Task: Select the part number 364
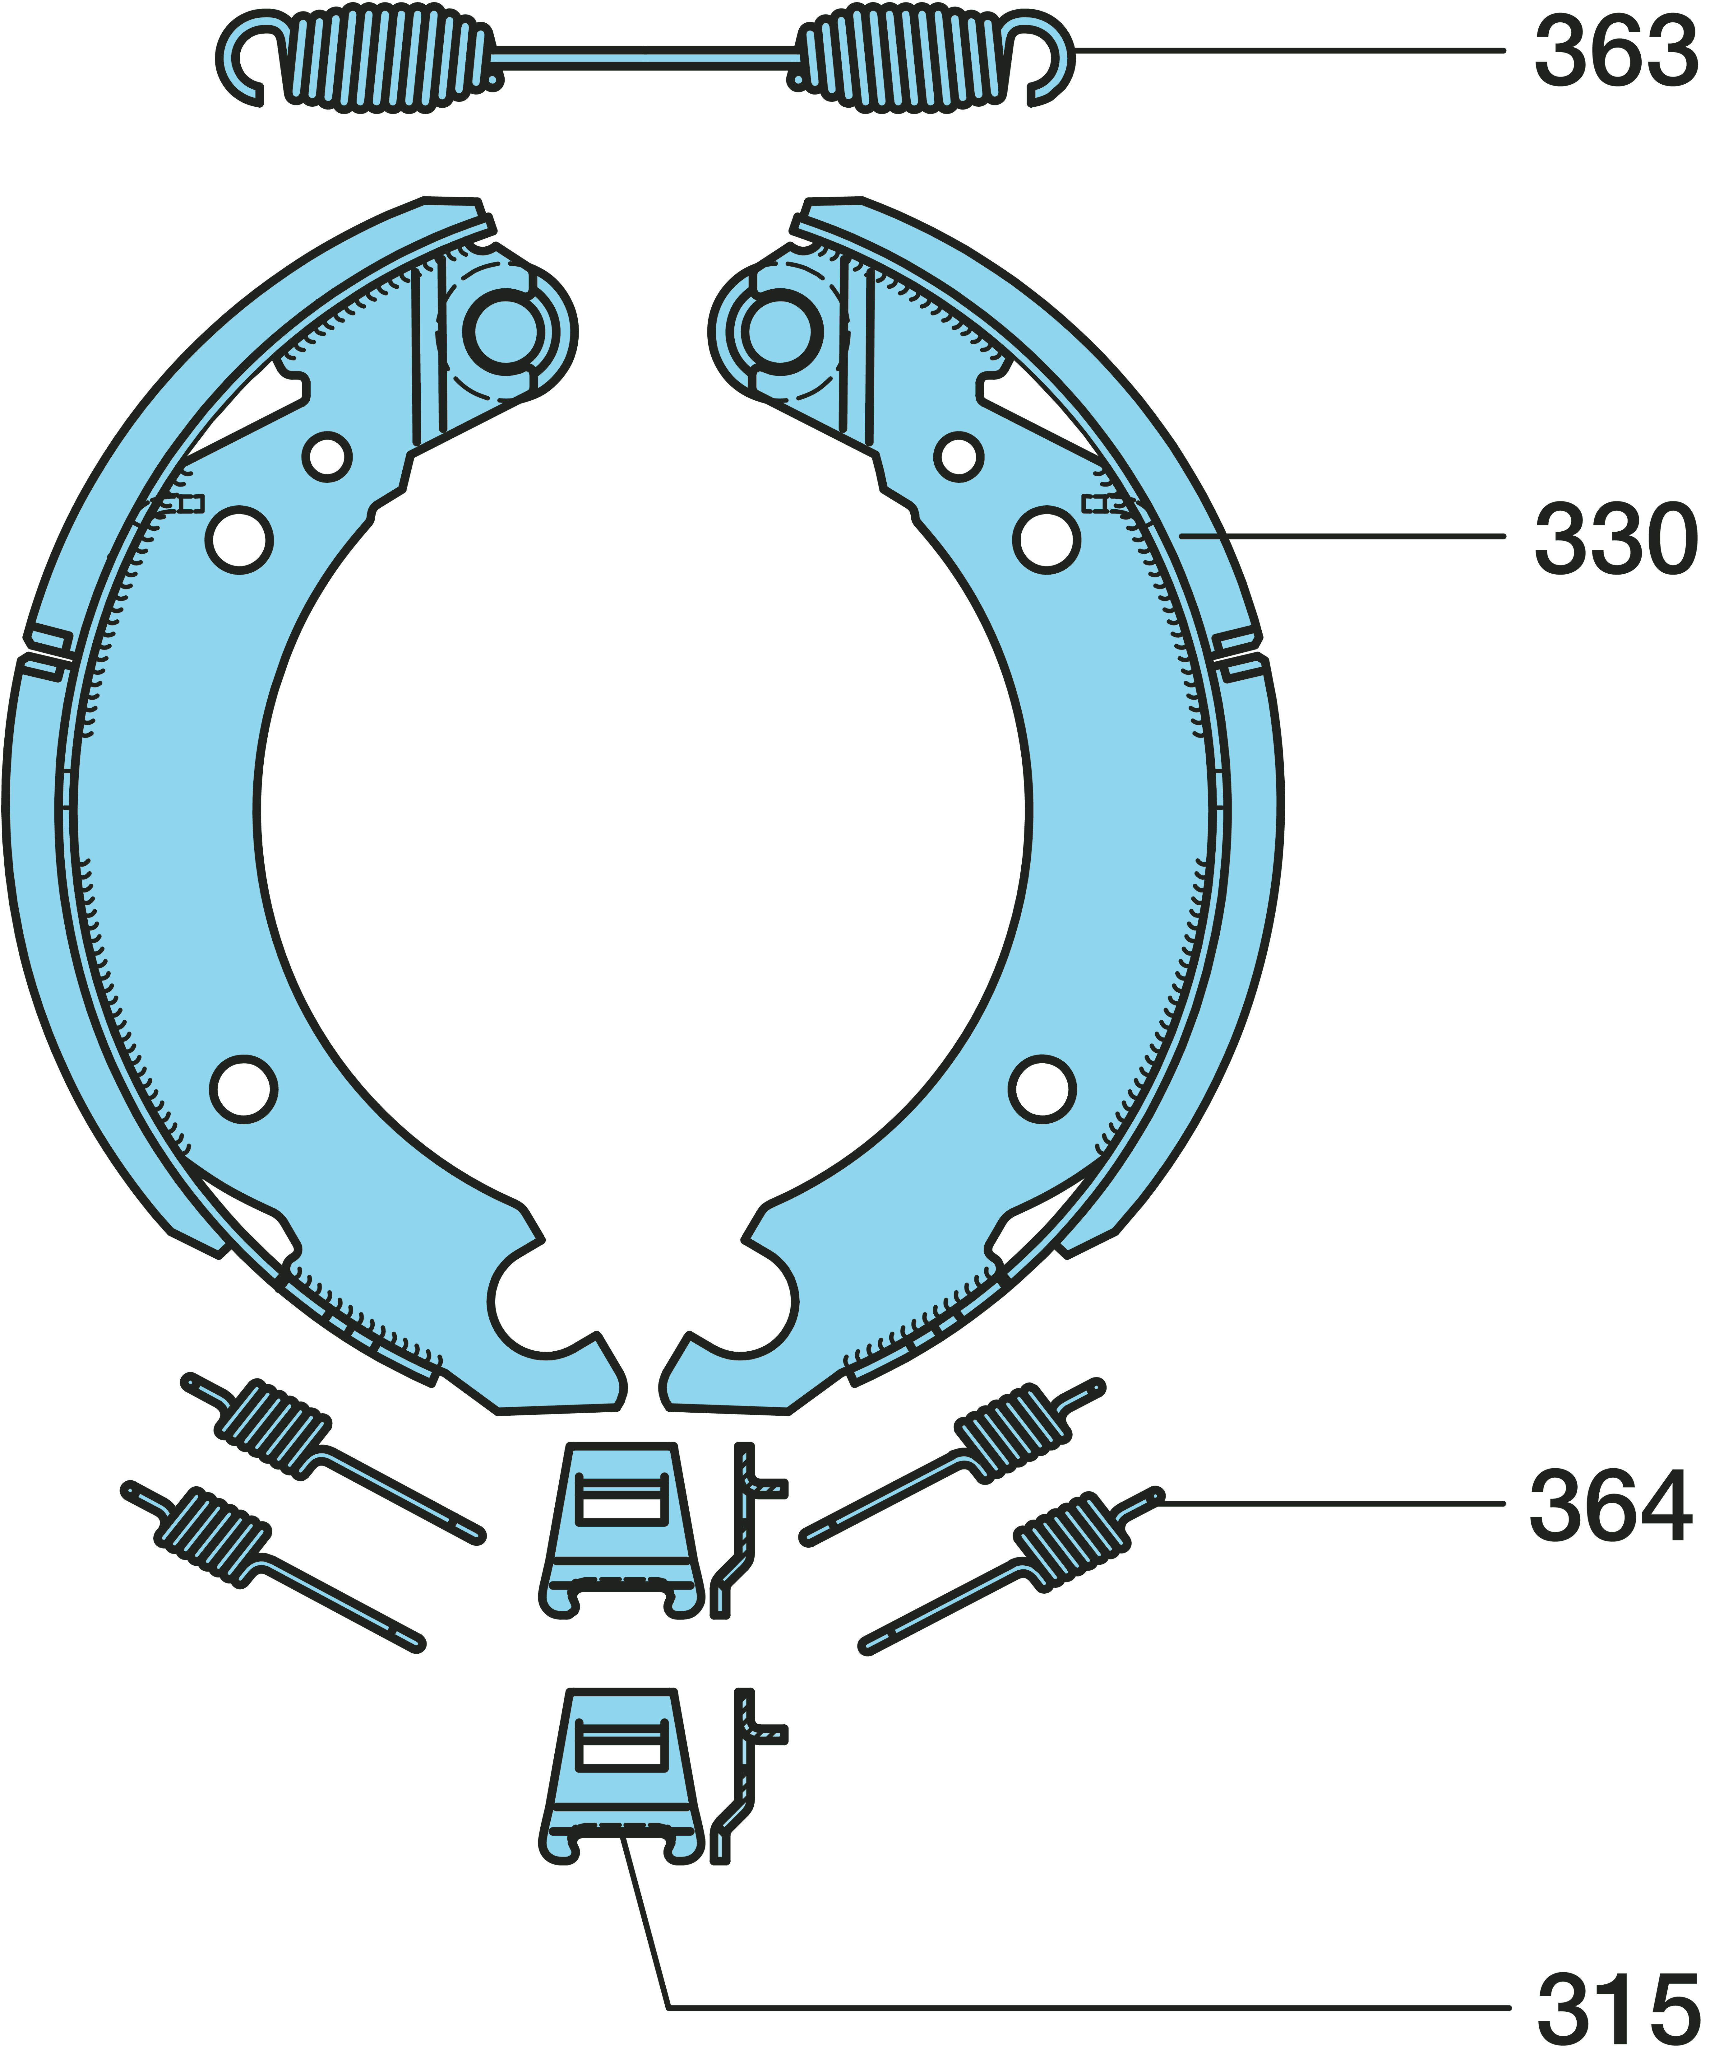1611,1505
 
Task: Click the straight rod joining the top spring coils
646,57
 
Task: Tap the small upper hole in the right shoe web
959,456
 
